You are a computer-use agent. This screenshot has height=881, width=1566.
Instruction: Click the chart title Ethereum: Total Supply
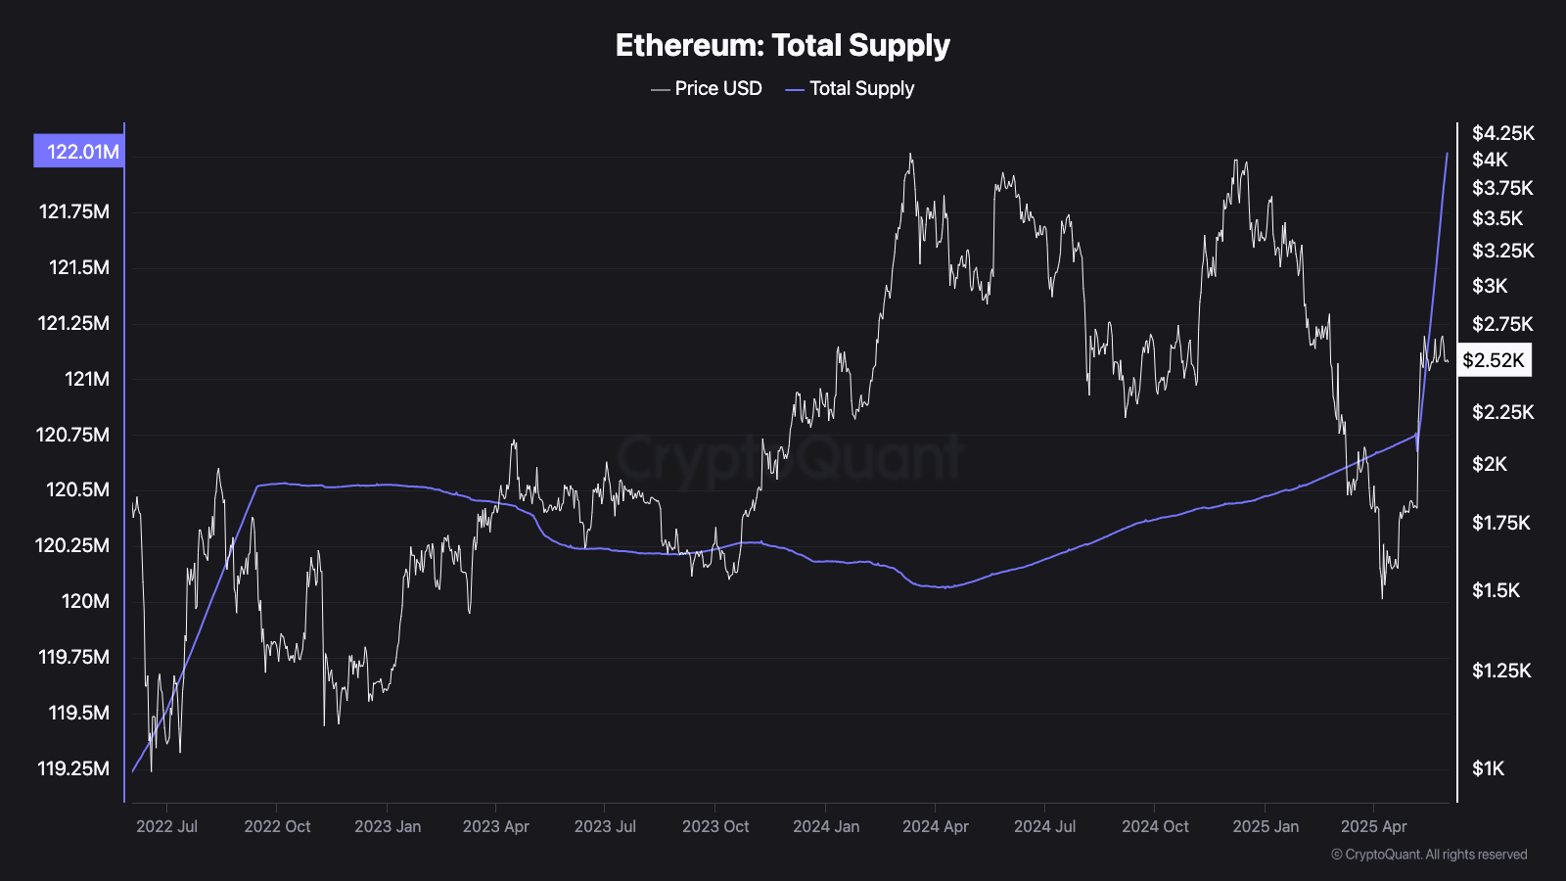(x=782, y=45)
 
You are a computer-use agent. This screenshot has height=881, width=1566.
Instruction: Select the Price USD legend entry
(x=707, y=88)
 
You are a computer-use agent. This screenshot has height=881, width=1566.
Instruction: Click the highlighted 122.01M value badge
(x=80, y=151)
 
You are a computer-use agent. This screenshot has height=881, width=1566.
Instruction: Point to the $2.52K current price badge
(x=1493, y=360)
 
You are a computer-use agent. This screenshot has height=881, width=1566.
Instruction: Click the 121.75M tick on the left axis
(x=74, y=211)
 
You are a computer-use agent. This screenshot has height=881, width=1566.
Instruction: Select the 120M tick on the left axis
(x=86, y=601)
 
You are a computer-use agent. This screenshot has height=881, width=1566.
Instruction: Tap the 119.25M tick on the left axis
(x=74, y=768)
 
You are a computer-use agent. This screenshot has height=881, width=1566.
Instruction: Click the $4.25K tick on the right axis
(x=1503, y=133)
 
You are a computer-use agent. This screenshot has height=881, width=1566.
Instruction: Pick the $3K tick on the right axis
(x=1490, y=286)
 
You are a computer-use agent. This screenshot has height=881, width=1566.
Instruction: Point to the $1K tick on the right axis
(x=1488, y=768)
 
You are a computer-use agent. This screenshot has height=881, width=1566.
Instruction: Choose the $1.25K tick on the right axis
(x=1501, y=671)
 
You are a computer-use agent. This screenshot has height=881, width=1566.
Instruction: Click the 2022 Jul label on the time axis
(x=166, y=826)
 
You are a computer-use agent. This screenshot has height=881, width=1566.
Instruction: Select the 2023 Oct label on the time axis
(x=715, y=826)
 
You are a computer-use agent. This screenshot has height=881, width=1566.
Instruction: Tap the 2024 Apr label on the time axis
(x=935, y=826)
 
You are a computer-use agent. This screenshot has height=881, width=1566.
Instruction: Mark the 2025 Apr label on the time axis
(x=1373, y=826)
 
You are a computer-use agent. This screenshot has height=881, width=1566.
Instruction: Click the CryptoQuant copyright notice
(x=1429, y=855)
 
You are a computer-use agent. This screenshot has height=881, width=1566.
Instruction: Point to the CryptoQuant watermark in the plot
(x=789, y=457)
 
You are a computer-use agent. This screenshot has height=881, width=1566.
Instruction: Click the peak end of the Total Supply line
(x=1447, y=154)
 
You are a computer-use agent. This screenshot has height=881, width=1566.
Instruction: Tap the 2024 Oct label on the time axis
(x=1155, y=826)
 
